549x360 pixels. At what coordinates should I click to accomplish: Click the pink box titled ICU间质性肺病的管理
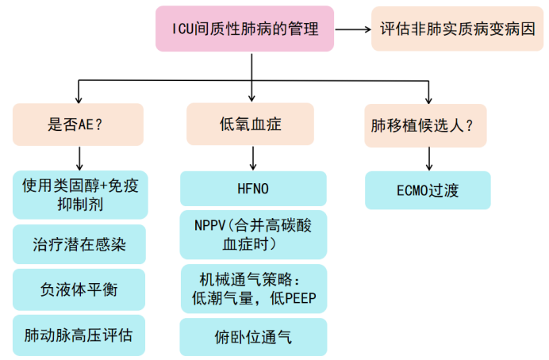click(245, 29)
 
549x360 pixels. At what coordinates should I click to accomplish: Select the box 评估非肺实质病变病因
click(458, 29)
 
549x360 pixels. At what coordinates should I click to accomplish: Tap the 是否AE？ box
click(78, 124)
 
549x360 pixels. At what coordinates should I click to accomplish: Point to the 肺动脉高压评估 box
click(79, 335)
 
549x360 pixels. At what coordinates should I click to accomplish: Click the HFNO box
click(253, 189)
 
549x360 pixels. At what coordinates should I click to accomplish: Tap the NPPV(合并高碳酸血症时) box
click(253, 234)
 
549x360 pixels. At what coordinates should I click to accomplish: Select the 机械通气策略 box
click(253, 289)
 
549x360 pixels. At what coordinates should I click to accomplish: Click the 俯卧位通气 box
click(253, 337)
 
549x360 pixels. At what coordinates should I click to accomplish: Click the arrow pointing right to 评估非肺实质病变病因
click(352, 29)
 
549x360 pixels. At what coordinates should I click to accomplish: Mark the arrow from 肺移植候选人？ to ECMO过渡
click(428, 158)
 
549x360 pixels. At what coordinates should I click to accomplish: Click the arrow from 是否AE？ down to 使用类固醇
click(79, 158)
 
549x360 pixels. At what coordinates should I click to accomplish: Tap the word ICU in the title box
click(184, 29)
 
